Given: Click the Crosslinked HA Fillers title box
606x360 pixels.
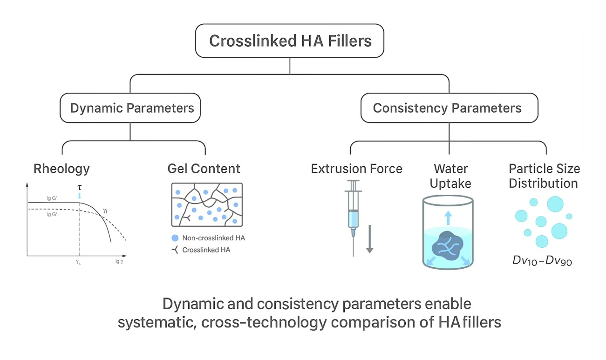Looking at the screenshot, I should [290, 41].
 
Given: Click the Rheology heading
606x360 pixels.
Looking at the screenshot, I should [61, 168].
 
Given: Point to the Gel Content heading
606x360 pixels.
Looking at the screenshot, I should [204, 168].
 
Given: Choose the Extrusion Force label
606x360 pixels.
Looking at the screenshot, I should [356, 168].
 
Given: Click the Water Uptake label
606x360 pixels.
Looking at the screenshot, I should [450, 176].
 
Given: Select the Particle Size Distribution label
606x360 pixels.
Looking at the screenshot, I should [544, 176].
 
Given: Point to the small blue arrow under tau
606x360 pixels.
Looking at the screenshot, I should [80, 196].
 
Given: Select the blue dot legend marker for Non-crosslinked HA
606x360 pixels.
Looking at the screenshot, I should [175, 238].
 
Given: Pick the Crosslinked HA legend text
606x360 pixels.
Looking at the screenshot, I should [206, 250].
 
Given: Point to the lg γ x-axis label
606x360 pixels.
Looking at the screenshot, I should [119, 262].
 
